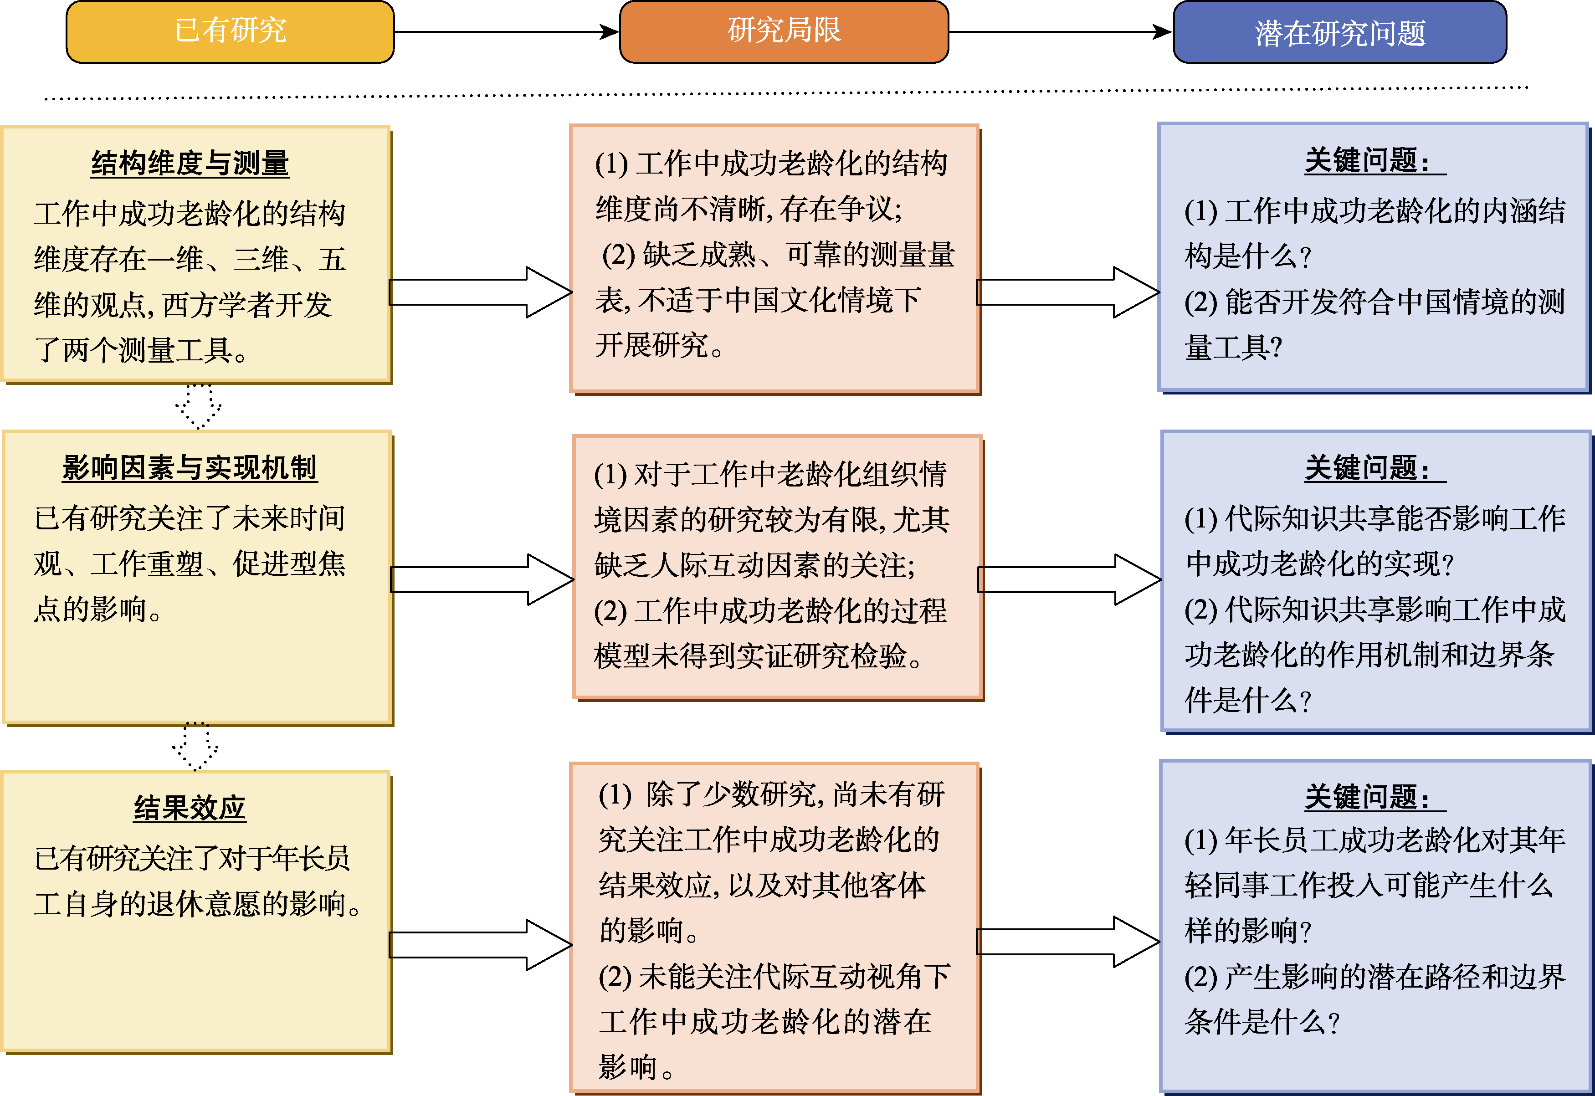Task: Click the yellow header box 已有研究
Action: pos(230,31)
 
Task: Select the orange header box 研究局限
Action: pos(784,31)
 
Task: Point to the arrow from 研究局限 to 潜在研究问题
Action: pos(1060,31)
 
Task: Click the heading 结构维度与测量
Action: pos(190,164)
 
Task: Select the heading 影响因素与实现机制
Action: pos(190,468)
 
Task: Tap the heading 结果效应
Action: pos(190,808)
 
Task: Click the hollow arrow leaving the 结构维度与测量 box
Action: pos(481,292)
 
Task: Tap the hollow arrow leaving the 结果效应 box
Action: pos(481,945)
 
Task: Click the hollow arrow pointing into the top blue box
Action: pos(1068,292)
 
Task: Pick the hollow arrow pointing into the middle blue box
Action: pos(1069,579)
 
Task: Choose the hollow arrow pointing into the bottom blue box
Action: pos(1068,942)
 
